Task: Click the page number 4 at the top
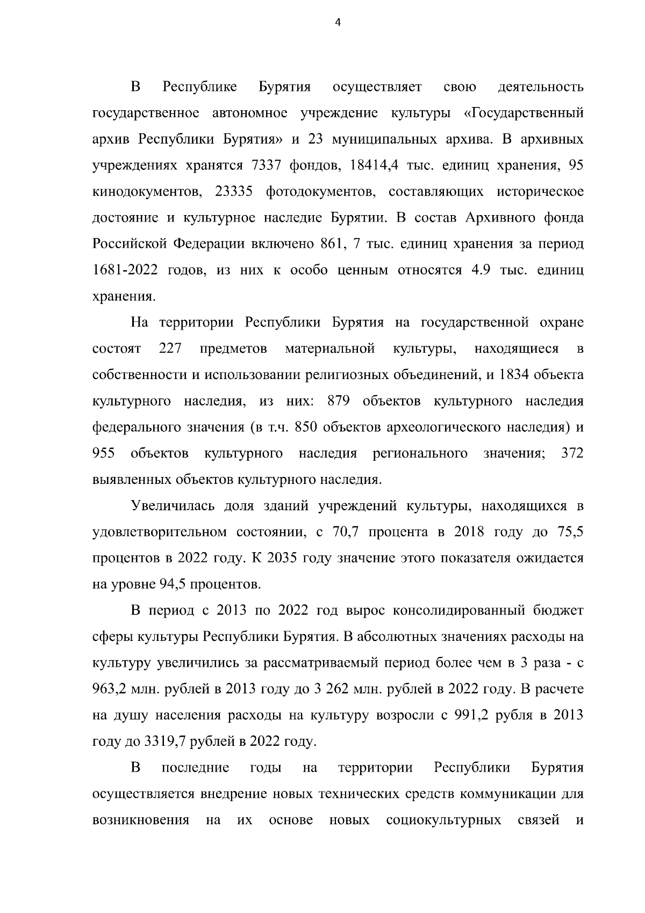pyautogui.click(x=338, y=23)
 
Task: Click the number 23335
pyautogui.click(x=235, y=191)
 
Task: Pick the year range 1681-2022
pyautogui.click(x=125, y=270)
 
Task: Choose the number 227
pyautogui.click(x=170, y=348)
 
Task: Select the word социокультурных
pyautogui.click(x=443, y=821)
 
